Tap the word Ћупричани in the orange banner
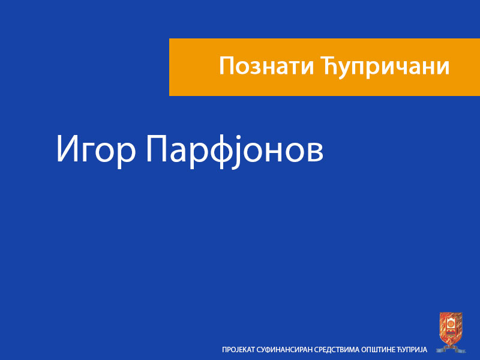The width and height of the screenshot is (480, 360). pyautogui.click(x=383, y=67)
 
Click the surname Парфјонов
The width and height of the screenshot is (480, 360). pyautogui.click(x=235, y=150)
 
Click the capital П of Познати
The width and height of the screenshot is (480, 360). pyautogui.click(x=226, y=66)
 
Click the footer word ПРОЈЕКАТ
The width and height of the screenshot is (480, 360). pyautogui.click(x=238, y=349)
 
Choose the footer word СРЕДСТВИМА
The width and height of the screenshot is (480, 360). pyautogui.click(x=339, y=349)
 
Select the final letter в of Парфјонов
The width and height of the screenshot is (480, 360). pyautogui.click(x=314, y=153)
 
